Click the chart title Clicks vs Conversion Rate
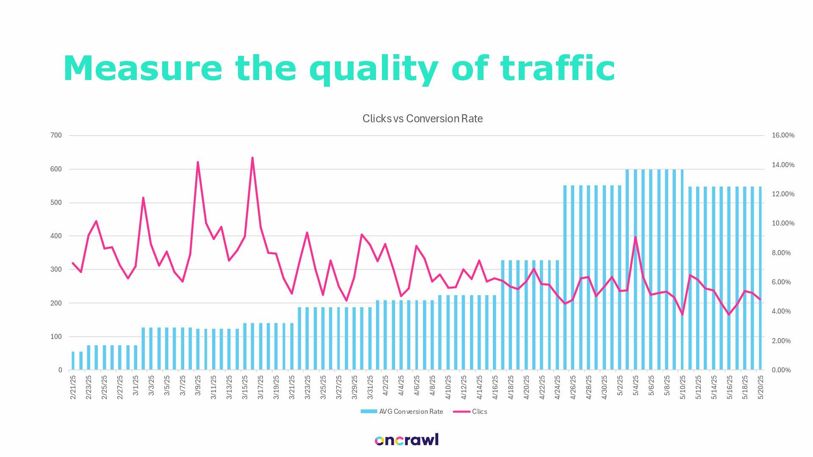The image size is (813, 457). (x=422, y=118)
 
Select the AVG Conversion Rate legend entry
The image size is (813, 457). (x=402, y=411)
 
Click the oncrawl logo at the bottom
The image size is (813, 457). (x=406, y=440)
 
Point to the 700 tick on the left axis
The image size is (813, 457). (x=56, y=135)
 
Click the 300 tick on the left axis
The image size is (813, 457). (x=56, y=270)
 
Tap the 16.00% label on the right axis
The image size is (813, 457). (x=783, y=135)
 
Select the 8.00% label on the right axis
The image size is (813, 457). (x=781, y=253)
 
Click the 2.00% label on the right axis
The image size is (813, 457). (x=781, y=341)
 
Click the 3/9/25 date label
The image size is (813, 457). (x=198, y=385)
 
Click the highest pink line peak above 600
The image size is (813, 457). (x=252, y=158)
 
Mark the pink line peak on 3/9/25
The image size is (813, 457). (x=198, y=162)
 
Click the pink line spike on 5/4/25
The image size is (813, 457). (x=636, y=237)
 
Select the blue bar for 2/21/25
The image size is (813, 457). (x=73, y=361)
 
